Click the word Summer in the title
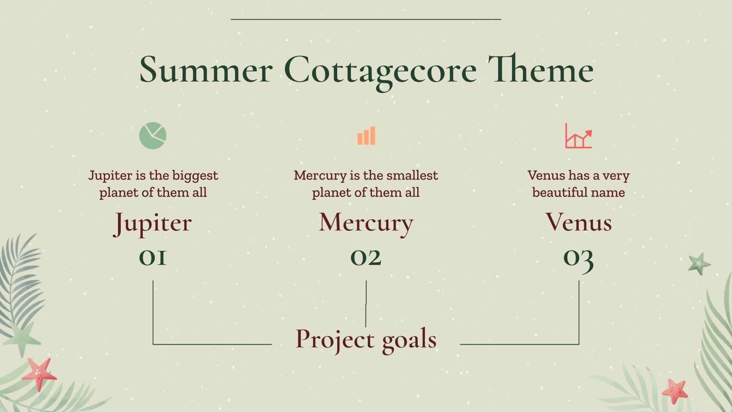pos(206,70)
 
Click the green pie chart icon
pos(153,136)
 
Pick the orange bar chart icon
pos(366,136)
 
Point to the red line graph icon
pos(578,136)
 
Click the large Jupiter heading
pos(152,223)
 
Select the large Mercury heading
pos(366,223)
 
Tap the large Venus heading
pos(578,222)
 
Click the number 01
pos(153,258)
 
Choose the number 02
pos(366,258)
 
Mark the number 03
pos(578,259)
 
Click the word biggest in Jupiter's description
pos(195,176)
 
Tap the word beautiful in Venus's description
pos(557,192)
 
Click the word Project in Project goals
pos(335,340)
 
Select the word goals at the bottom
pos(409,340)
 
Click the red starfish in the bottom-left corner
pos(39,374)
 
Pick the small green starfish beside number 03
pos(699,264)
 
